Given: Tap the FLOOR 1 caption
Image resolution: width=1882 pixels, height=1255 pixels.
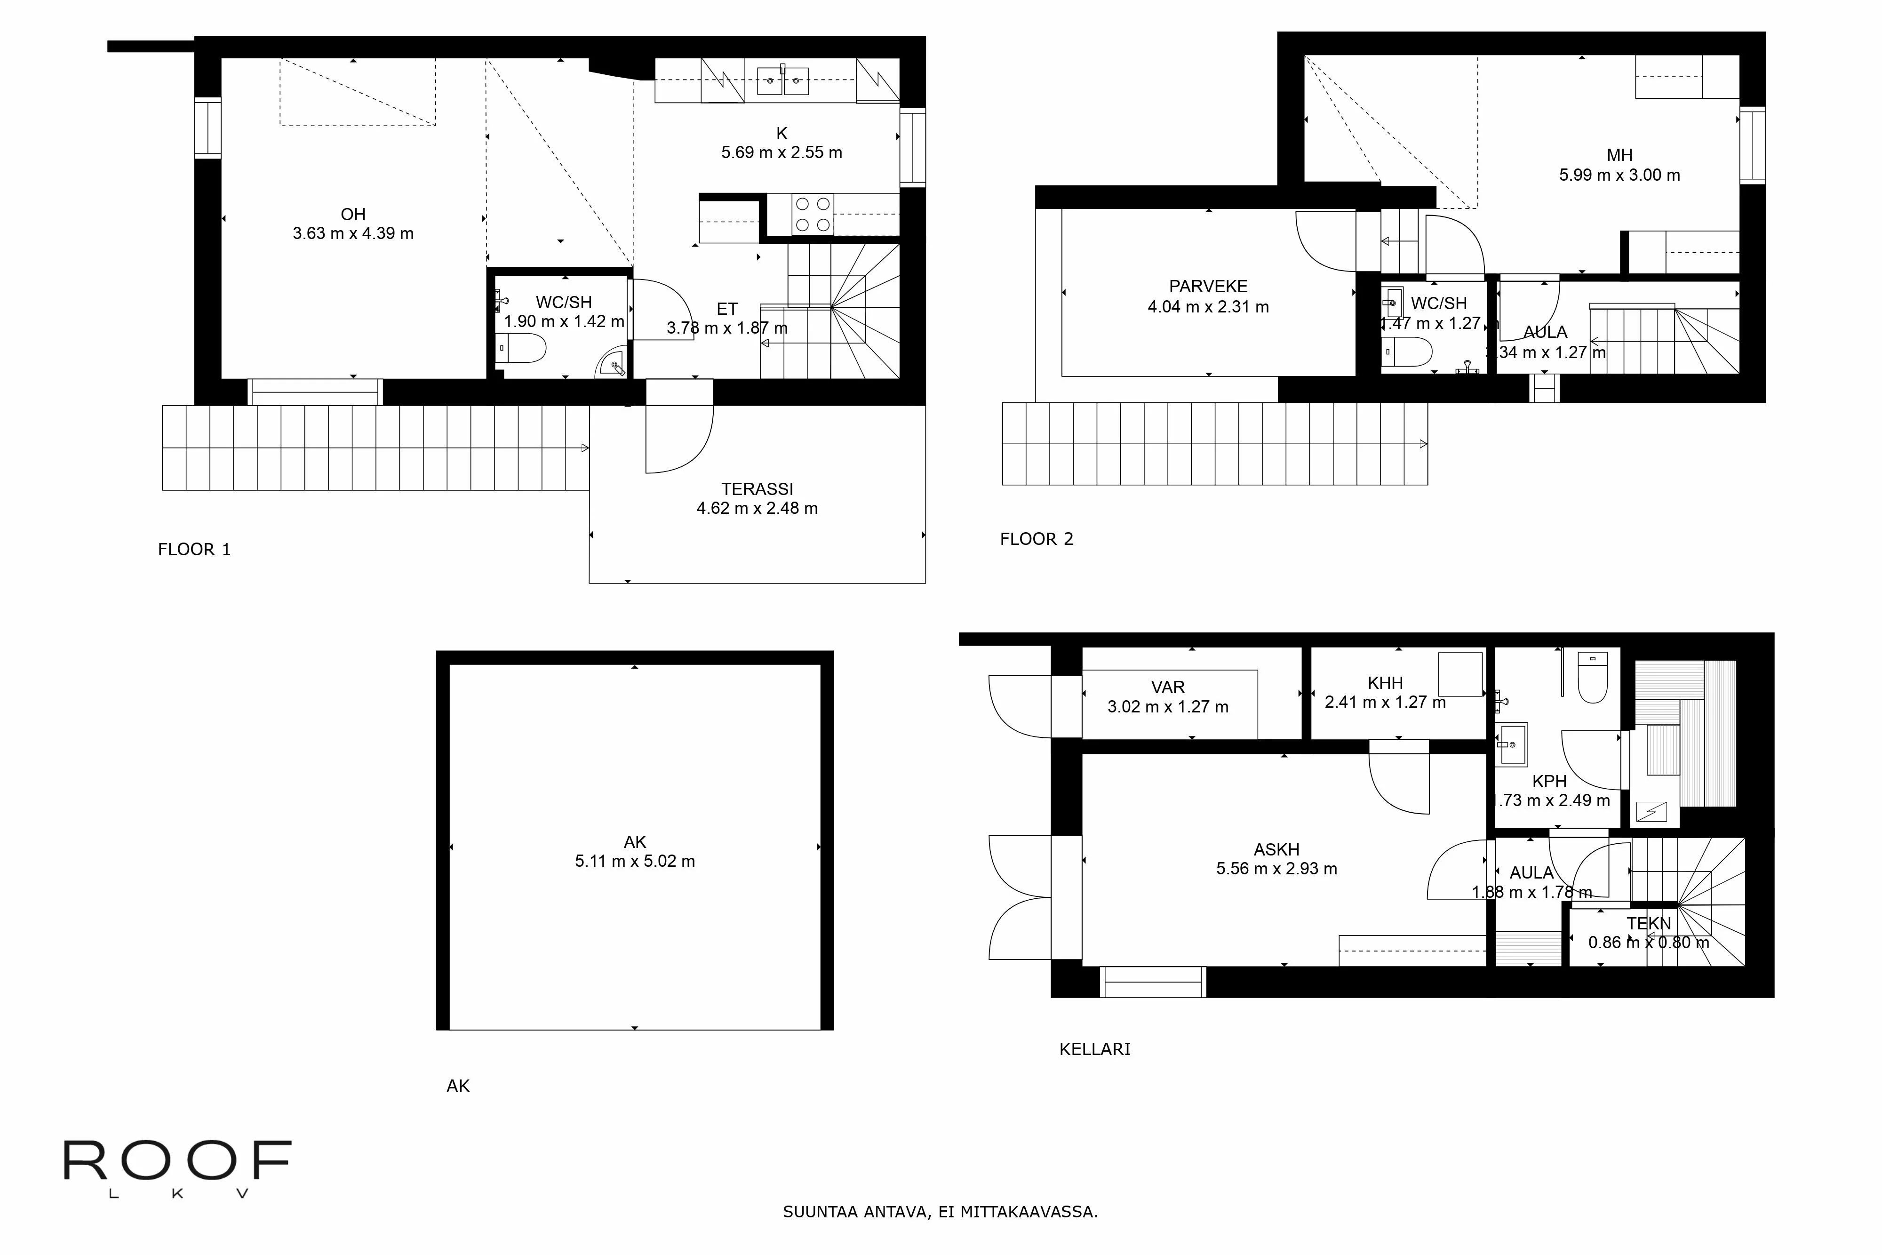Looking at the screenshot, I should (194, 550).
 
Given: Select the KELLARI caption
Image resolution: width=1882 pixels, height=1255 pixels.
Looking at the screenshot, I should (1095, 1049).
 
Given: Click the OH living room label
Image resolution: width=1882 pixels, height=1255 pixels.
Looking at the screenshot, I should (353, 215).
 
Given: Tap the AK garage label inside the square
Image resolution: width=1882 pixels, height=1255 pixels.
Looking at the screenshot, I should (635, 842).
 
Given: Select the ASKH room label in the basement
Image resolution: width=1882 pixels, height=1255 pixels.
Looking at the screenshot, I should (1276, 849).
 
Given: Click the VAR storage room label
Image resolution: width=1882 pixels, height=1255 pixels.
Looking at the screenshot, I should (1167, 687).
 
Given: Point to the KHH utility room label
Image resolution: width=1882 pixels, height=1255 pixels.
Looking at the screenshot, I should (1385, 684).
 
